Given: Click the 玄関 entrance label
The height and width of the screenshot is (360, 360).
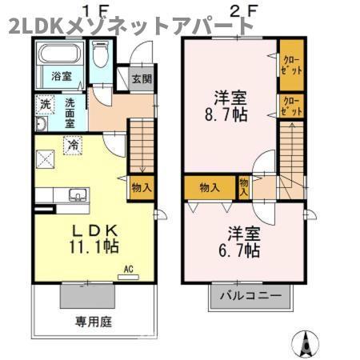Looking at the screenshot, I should [x=141, y=78].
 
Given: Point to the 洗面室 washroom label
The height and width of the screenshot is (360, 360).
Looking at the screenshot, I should [x=70, y=113].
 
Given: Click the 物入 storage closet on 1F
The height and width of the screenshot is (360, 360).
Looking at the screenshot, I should [x=141, y=186].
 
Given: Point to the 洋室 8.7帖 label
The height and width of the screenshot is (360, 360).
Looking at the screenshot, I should [x=230, y=106].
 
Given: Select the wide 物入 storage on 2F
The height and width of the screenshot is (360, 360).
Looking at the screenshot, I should [x=210, y=187].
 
